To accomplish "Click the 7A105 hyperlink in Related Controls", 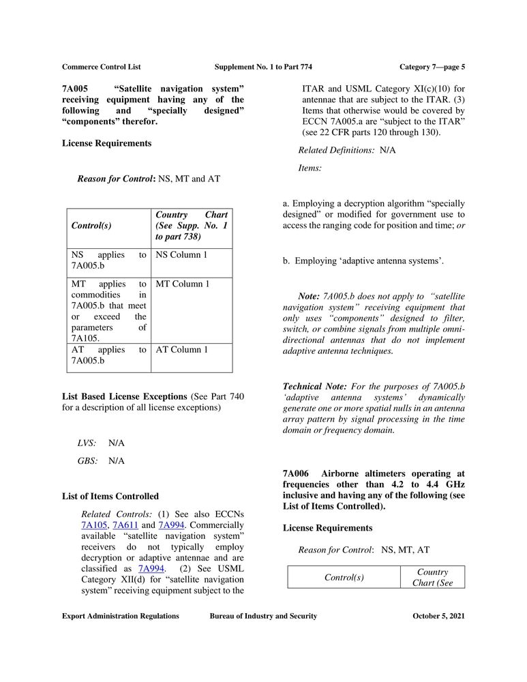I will pos(93,525).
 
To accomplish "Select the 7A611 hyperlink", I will pos(125,525).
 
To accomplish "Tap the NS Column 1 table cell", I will pos(181,255).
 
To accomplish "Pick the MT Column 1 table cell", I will pos(183,284).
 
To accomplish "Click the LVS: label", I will pos(87,443).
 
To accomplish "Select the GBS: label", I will pos(87,461).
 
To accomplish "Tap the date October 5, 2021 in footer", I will pos(438,617).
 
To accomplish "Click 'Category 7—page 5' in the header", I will pos(432,67).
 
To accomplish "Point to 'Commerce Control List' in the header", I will pos(102,67).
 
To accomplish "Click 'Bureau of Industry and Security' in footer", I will pos(263,617).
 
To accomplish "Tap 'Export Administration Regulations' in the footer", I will pos(121,617).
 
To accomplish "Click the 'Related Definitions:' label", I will pos(336,150).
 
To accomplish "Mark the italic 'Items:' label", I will pos(310,168).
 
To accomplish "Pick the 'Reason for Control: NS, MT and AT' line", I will pos(149,179).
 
